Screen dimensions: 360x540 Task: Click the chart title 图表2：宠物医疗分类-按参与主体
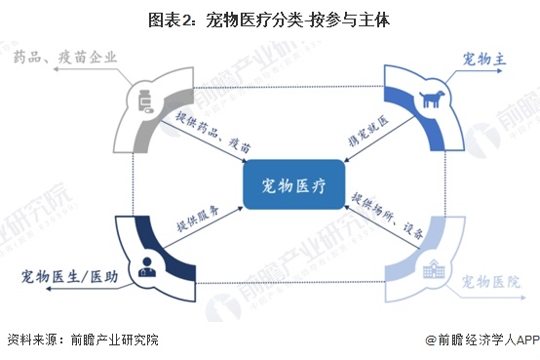(x=270, y=19)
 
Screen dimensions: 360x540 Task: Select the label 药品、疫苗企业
(x=67, y=57)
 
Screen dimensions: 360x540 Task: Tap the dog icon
(x=428, y=99)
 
